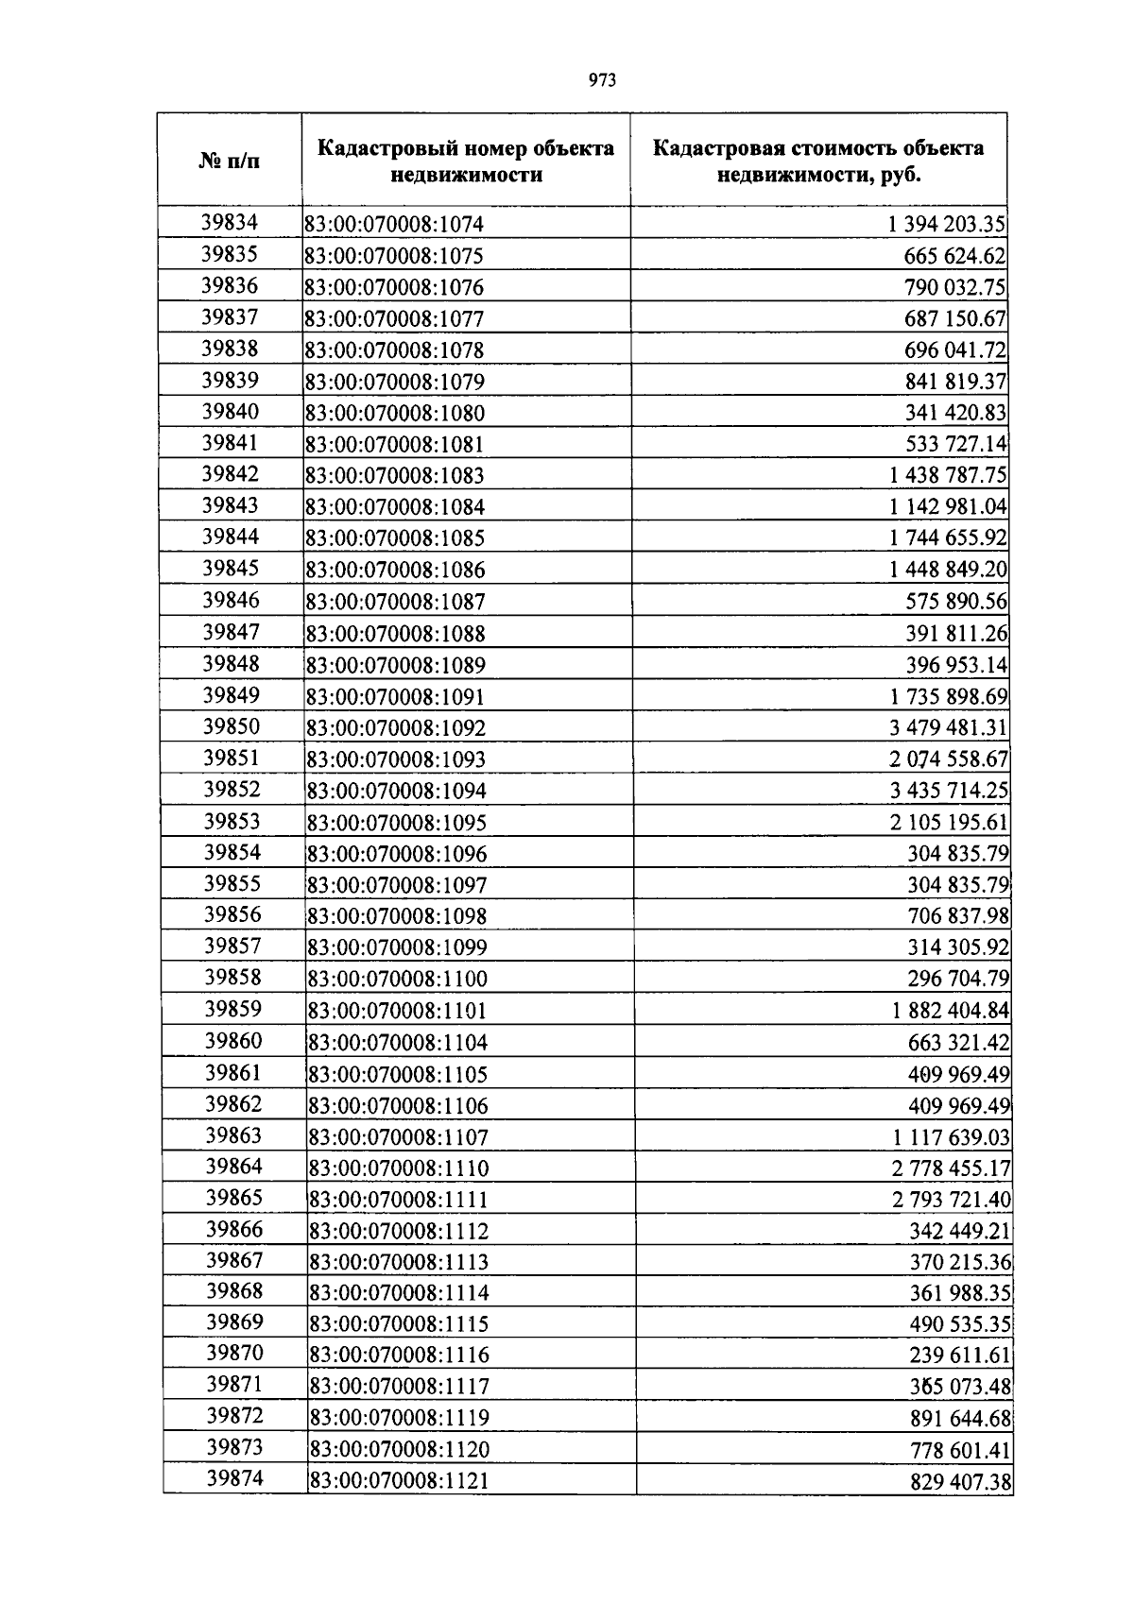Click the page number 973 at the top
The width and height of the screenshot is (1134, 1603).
(x=602, y=80)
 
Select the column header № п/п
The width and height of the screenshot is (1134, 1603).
(x=230, y=161)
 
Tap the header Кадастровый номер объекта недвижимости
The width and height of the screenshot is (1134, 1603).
(x=466, y=161)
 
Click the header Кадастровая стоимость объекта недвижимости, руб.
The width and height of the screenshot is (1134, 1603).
(x=818, y=161)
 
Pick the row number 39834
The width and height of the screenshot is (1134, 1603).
(x=230, y=222)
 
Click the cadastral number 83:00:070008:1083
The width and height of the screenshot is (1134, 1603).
(x=395, y=476)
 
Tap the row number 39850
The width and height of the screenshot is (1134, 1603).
(x=232, y=726)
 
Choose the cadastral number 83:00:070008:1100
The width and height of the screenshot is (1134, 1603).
(x=397, y=980)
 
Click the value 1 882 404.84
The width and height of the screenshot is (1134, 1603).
(x=951, y=1011)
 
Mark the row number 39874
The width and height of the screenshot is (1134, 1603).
(x=234, y=1478)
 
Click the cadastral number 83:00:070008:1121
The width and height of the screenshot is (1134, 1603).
(x=399, y=1481)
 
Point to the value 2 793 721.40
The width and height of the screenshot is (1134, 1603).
(x=951, y=1200)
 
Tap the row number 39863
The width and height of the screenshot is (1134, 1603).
(x=233, y=1135)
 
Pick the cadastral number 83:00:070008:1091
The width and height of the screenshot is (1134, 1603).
(x=395, y=697)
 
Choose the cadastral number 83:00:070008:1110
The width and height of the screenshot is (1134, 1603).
(x=399, y=1168)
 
